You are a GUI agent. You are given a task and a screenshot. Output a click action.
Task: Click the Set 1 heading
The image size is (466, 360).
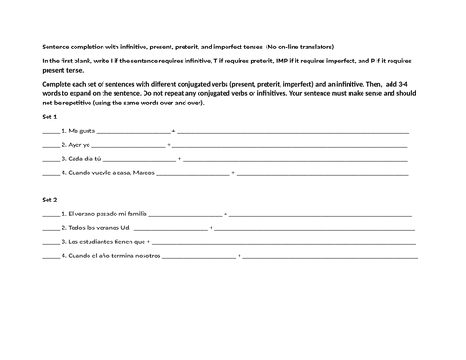point(49,117)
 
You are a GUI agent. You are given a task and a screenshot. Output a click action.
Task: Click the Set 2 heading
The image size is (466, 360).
point(49,201)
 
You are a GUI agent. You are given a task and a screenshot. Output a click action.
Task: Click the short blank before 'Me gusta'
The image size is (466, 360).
point(50,132)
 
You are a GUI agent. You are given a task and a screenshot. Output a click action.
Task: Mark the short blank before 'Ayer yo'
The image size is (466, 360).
point(50,146)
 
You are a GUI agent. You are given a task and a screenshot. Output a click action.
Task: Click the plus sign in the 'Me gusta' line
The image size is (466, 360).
point(173,132)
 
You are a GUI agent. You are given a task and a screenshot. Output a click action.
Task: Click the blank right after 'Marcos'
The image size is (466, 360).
point(192,174)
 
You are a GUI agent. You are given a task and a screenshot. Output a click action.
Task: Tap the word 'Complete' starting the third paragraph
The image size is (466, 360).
point(60,84)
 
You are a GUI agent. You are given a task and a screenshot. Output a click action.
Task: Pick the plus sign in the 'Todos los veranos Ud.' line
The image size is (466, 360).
point(211,228)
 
